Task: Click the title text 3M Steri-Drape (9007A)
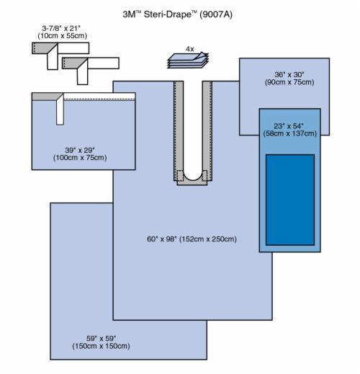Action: pos(178,14)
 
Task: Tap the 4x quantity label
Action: pos(190,49)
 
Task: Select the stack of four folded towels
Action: pos(188,61)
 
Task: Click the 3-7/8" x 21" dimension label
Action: pos(61,28)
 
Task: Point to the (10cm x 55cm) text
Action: pos(62,36)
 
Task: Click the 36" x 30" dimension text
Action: pos(289,74)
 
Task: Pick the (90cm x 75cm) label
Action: pos(289,82)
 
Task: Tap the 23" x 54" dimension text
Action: pos(289,126)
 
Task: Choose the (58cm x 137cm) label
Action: pos(289,133)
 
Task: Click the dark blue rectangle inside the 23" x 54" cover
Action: pos(290,200)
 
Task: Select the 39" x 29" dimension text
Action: pos(80,150)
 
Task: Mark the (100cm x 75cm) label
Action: pos(80,158)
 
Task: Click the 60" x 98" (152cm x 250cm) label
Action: pos(192,239)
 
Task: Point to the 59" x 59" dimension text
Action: pos(102,339)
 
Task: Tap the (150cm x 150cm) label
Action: pos(101,346)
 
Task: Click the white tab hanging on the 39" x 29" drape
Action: pos(60,110)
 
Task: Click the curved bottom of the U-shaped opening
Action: pos(192,179)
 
